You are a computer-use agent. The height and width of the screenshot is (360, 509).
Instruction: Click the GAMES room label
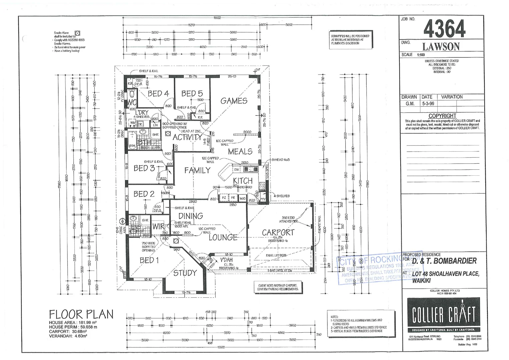point(234,101)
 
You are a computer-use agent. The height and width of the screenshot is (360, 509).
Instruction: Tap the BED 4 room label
point(158,94)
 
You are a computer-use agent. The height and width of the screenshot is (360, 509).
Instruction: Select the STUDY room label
point(185,273)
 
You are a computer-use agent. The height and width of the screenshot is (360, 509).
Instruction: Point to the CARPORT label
point(278,232)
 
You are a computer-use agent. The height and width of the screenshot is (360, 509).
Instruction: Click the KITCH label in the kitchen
point(242,181)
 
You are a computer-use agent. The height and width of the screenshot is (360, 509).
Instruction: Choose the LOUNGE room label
point(223,237)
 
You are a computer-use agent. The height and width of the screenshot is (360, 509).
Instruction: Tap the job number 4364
point(444,29)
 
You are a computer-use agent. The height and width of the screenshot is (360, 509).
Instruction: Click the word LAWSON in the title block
point(441,46)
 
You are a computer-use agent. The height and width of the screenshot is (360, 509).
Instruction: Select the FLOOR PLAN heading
point(81,314)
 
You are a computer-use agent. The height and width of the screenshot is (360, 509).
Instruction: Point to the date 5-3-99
point(428,104)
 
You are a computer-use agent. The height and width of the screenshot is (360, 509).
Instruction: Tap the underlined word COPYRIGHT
point(442,116)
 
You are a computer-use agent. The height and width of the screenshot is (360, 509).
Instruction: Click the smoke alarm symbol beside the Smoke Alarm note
point(77,33)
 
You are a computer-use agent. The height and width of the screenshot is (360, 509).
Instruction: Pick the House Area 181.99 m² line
point(73,323)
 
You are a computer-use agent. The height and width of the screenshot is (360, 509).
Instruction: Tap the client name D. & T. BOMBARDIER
point(444,261)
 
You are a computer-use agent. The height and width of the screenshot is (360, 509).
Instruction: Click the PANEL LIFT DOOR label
point(276,256)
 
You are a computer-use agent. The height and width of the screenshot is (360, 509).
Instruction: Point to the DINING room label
point(190,216)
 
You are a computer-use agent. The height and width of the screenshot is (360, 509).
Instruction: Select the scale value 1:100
point(421,55)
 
